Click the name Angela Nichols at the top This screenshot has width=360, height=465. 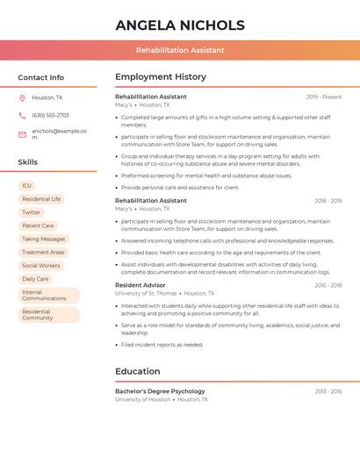tap(180, 25)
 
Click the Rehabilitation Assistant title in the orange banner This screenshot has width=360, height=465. tap(180, 50)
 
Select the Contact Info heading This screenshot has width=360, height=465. tap(41, 77)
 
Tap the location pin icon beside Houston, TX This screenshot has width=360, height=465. tap(22, 98)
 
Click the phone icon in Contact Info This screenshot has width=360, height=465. tap(22, 116)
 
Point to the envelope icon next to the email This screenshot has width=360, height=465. tap(22, 134)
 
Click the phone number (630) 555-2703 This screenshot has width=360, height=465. tap(50, 116)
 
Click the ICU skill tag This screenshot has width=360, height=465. tap(26, 186)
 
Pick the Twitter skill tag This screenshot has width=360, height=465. tap(32, 212)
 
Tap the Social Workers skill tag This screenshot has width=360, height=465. tap(41, 266)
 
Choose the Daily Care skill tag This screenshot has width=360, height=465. tap(35, 279)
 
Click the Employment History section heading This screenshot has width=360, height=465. tap(161, 77)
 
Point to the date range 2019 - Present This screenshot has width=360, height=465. tap(324, 97)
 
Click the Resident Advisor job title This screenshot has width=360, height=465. tap(140, 285)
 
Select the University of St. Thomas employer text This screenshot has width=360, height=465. tap(146, 294)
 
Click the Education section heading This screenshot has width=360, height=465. tap(138, 371)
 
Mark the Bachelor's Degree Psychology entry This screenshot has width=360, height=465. tap(160, 391)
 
